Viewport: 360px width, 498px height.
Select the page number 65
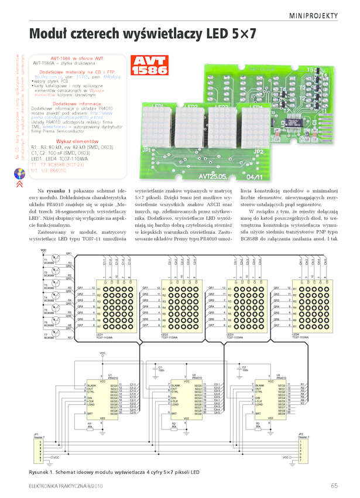coord(334,485)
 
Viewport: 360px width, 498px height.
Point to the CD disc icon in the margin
coord(18,173)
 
